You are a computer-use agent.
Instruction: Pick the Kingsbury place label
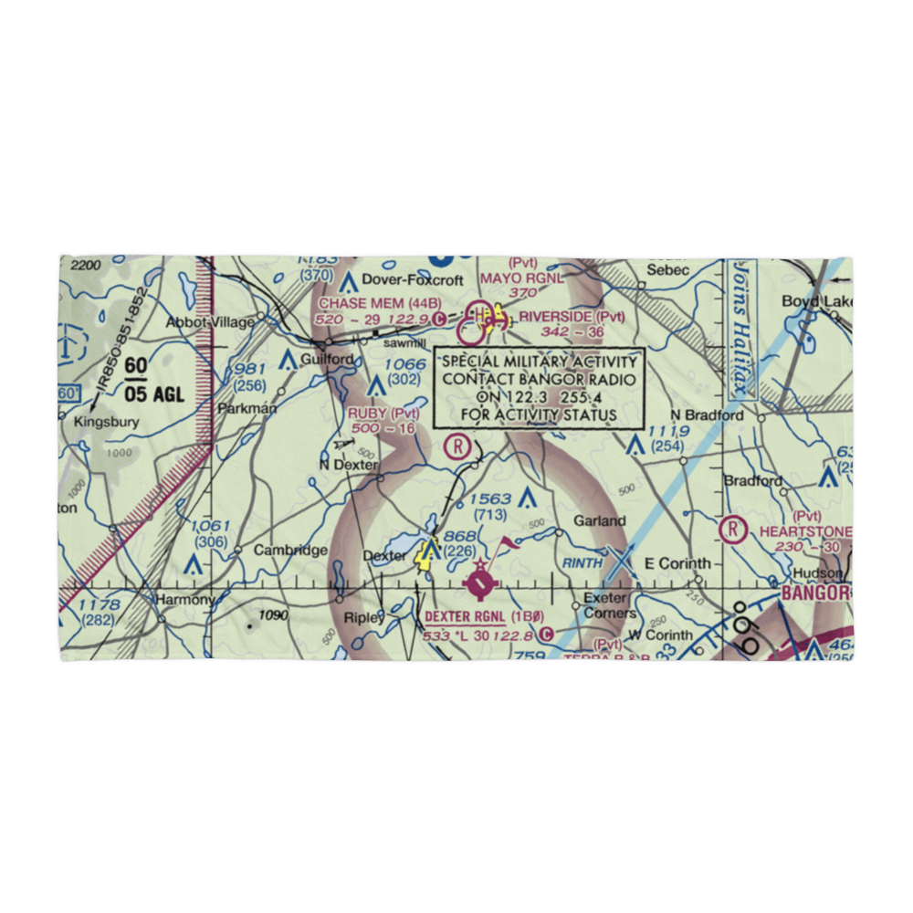coord(108,422)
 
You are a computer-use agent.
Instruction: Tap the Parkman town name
coord(247,408)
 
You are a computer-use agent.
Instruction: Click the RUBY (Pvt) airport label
coord(383,414)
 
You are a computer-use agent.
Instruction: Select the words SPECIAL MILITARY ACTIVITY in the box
coord(539,361)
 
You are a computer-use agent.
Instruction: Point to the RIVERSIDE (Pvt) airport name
coord(572,318)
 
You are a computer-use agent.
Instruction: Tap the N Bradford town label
coord(708,415)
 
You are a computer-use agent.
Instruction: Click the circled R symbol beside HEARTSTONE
coord(732,530)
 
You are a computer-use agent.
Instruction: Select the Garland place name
coord(599,521)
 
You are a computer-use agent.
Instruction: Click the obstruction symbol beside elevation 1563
coord(527,498)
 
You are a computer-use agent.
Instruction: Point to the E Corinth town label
coord(677,563)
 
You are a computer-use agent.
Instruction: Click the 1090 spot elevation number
coord(273,615)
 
